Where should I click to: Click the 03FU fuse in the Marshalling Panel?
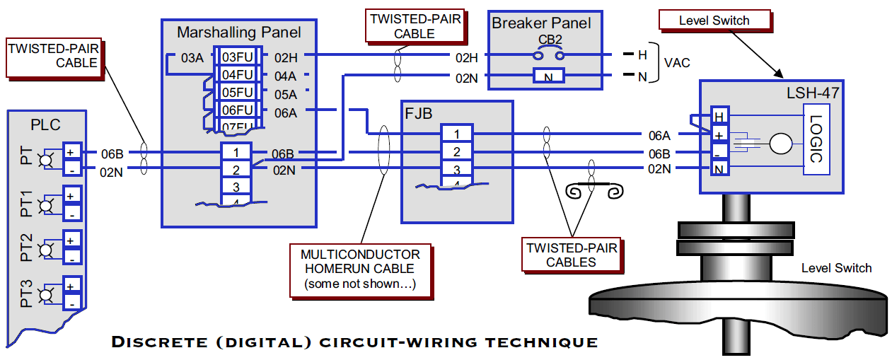(237, 57)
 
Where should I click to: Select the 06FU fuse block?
(237, 110)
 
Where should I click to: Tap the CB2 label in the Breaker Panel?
(549, 40)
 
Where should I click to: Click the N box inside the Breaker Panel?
(549, 77)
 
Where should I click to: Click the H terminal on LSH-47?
(719, 117)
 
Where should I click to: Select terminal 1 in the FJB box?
(457, 134)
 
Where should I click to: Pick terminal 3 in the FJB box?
(457, 170)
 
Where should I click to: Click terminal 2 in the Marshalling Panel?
(236, 170)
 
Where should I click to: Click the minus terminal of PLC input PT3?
(71, 302)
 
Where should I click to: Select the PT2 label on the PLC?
(27, 248)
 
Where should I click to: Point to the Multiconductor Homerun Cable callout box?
(360, 269)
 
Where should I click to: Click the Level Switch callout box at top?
(714, 21)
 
